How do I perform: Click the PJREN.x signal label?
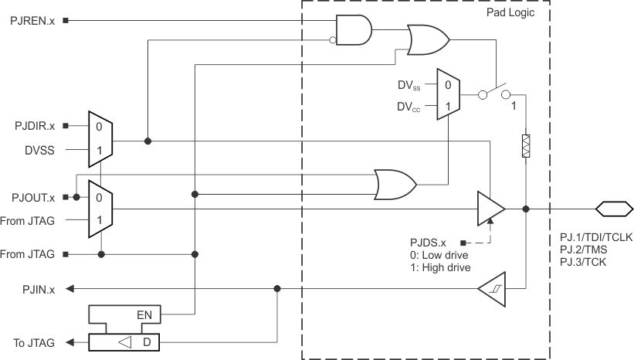point(32,21)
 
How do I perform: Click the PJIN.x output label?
point(39,289)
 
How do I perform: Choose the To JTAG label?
point(34,342)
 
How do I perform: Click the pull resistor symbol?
point(526,146)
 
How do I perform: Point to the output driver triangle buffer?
point(490,209)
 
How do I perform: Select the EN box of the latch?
point(143,314)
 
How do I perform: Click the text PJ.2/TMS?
point(585,250)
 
